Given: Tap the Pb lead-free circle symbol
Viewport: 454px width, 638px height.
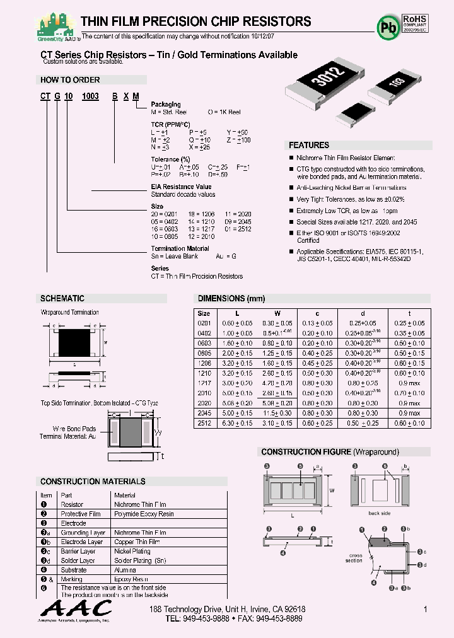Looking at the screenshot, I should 386,26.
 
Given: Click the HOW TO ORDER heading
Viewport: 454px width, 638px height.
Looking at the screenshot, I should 70,80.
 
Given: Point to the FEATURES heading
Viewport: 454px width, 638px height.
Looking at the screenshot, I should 309,145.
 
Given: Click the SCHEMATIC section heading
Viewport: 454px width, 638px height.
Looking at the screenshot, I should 62,298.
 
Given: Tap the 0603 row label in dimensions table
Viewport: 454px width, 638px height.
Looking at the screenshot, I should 204,343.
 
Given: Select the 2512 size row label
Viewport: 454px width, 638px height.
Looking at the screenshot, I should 204,424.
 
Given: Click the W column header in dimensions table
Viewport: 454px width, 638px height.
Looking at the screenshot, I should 277,313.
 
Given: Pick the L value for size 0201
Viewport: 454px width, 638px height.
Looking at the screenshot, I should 237,323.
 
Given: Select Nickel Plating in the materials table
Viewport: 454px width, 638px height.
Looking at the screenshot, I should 132,551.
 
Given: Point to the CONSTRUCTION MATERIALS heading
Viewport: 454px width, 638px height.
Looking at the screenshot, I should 93,481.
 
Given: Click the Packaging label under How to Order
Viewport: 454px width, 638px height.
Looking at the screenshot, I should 166,105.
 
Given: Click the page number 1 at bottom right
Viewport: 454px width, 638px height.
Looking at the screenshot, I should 426,609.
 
